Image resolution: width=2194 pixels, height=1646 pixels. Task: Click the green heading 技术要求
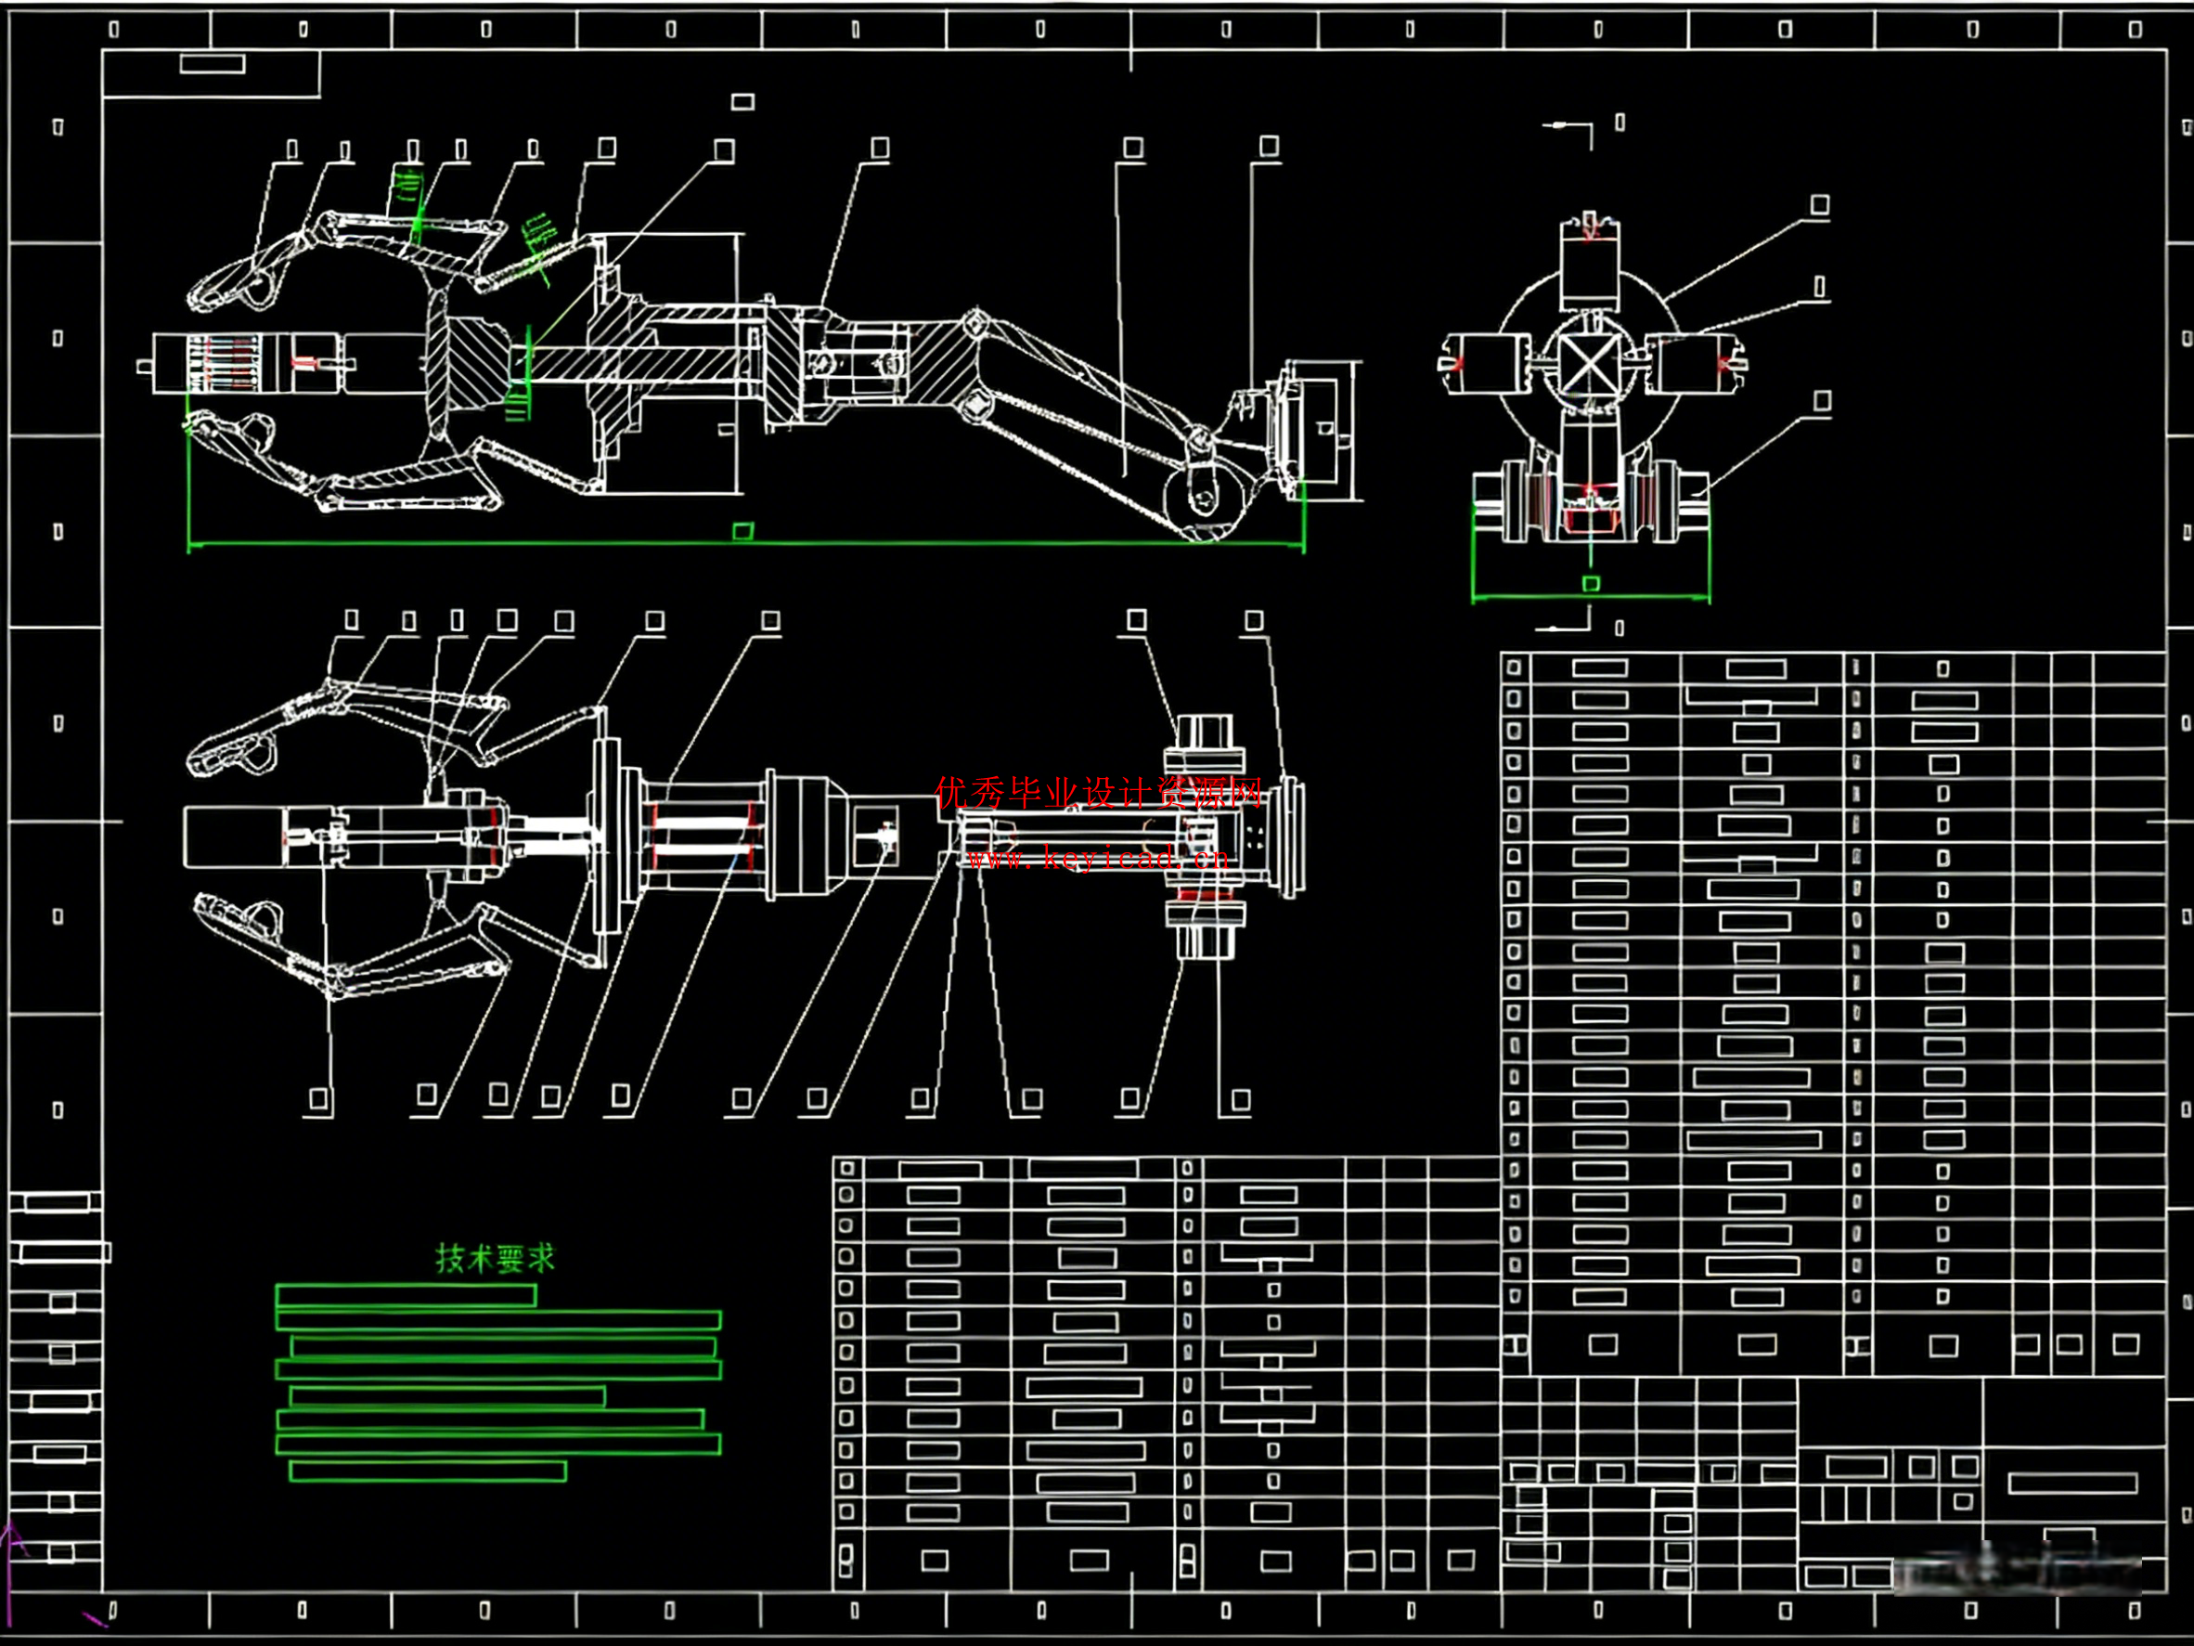[495, 1258]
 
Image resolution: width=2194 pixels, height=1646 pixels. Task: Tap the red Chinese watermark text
[1098, 793]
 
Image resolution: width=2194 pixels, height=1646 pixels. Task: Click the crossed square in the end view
[1590, 364]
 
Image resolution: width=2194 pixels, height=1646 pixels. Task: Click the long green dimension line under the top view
[744, 544]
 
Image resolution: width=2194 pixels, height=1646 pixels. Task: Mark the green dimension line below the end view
[1590, 597]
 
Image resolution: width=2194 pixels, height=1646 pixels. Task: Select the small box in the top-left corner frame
[213, 64]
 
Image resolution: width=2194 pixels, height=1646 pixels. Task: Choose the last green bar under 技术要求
[428, 1471]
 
